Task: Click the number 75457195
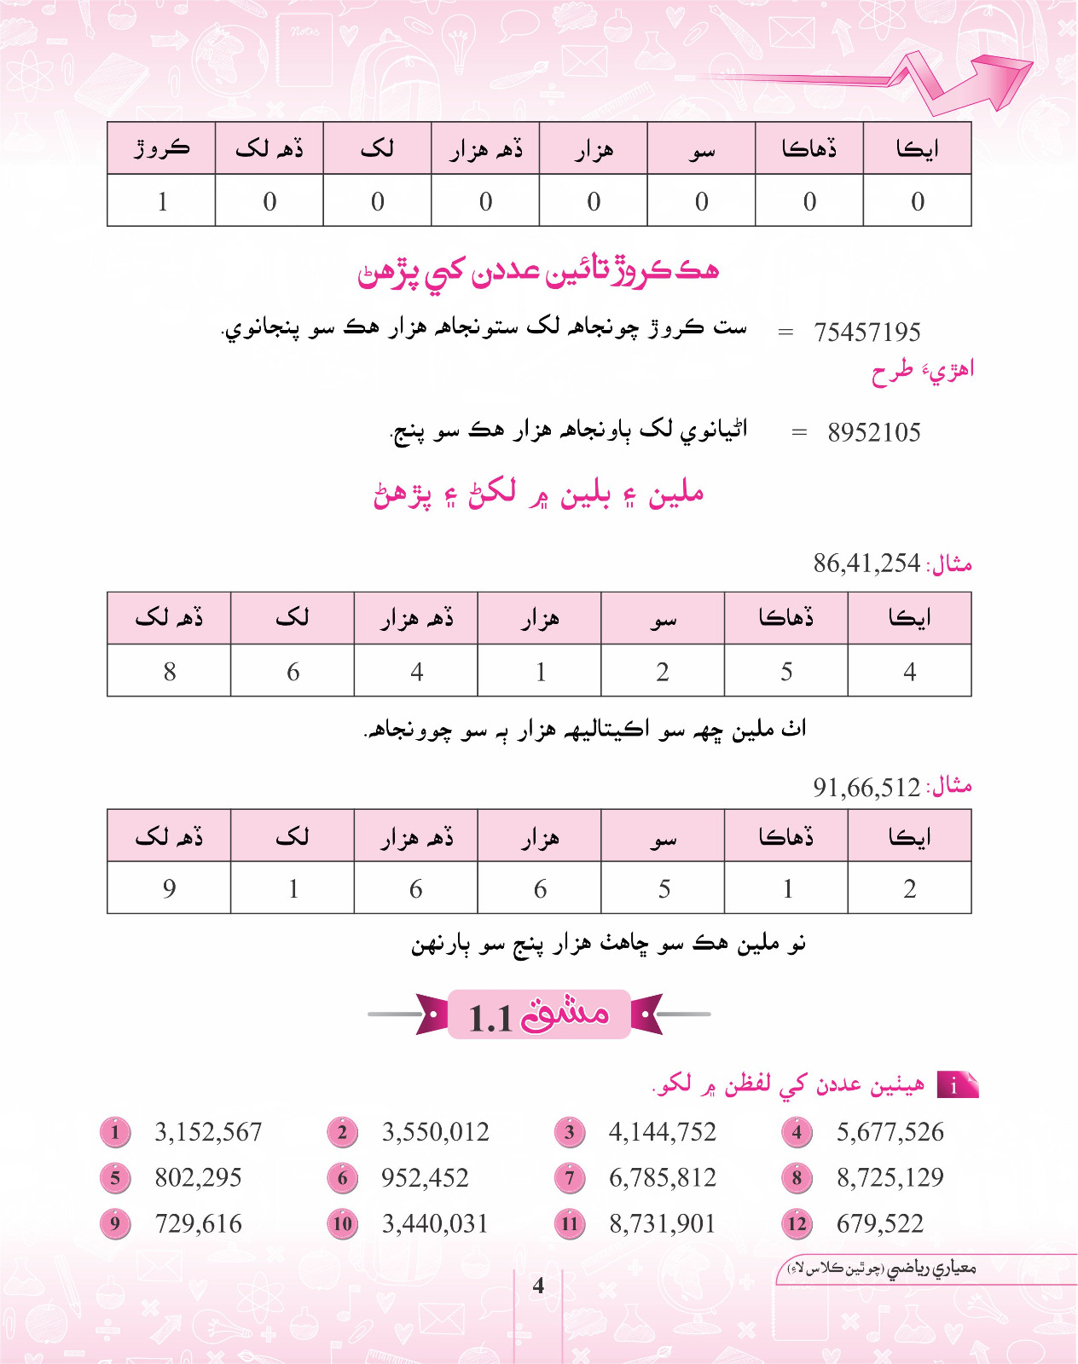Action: point(866,332)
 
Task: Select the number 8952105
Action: point(873,432)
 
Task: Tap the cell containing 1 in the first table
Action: point(162,201)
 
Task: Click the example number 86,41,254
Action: point(866,563)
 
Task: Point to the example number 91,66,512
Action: point(866,786)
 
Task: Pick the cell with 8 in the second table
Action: point(169,672)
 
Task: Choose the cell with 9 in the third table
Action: point(169,888)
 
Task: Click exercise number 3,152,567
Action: point(207,1132)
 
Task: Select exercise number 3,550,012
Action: point(435,1132)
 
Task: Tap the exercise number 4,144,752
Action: point(662,1132)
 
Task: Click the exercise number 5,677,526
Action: point(890,1132)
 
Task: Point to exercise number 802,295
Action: point(198,1177)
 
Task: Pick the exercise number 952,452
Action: point(425,1177)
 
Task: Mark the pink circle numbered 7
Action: point(570,1178)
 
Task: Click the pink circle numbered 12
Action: point(797,1224)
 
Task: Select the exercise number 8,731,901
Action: point(662,1223)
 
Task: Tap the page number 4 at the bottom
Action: point(538,1285)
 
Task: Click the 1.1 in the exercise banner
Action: point(490,1018)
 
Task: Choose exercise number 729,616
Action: point(198,1223)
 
